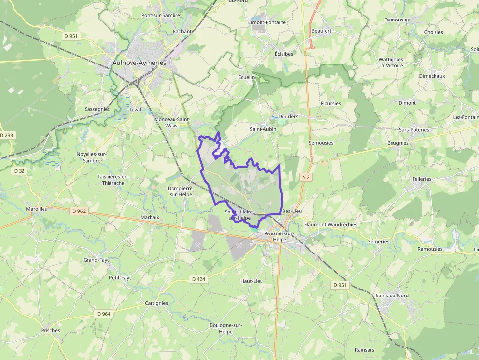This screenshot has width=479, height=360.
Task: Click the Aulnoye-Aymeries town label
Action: coord(139,63)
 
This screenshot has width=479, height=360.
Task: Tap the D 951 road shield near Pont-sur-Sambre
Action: coord(71,36)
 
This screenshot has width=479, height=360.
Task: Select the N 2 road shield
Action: coord(306,177)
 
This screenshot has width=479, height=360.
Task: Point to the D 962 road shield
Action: coord(78,211)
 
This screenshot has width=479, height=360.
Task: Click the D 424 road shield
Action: coord(199,279)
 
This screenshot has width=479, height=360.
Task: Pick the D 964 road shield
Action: coord(104,314)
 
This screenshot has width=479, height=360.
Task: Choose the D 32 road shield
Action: coord(20,171)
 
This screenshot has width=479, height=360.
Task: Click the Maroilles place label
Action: coord(37,209)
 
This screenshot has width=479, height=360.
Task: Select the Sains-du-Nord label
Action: coord(392,296)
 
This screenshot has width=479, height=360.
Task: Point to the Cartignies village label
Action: coord(156,303)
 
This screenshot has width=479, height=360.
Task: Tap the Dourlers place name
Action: coord(288,117)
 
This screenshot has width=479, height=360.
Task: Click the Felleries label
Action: coord(422,179)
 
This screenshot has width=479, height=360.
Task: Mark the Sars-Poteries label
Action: coord(414,130)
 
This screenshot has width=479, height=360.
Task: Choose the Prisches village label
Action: coord(50,331)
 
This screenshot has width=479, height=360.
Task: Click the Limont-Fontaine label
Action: coord(267,22)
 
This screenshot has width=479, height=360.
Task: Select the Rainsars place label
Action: coord(365,350)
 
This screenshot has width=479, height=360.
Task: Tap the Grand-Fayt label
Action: coord(96,260)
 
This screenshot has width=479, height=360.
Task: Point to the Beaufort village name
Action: coord(322,31)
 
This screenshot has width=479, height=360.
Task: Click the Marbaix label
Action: coord(150,217)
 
